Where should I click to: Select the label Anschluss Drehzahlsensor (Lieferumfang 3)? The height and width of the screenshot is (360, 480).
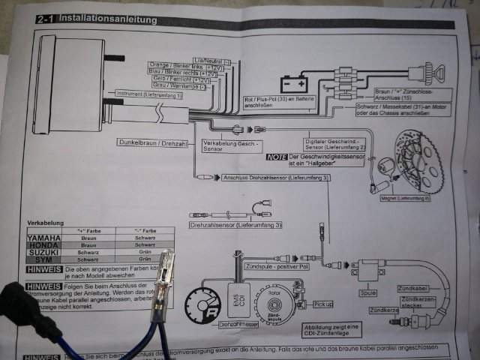(275, 178)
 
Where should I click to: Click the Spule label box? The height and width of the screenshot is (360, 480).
(368, 293)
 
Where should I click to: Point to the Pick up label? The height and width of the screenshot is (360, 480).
(322, 304)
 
